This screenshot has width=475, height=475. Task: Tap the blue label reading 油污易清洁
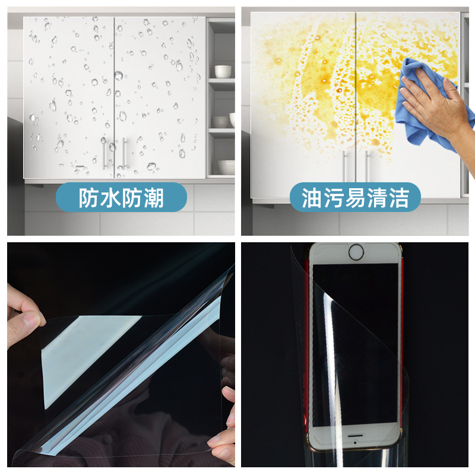(x=354, y=198)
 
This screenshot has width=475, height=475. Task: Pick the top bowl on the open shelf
(x=223, y=71)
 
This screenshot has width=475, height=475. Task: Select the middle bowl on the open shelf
(x=221, y=122)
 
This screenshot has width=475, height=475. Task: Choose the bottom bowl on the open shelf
(x=226, y=167)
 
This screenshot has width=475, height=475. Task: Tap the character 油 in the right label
(x=312, y=198)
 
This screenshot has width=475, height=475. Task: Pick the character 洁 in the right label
(x=398, y=198)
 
